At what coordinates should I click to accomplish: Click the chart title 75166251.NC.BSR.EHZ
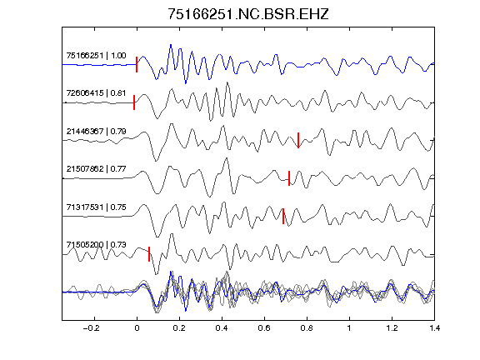pyautogui.click(x=248, y=14)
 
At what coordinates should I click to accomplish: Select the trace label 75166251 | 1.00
pyautogui.click(x=96, y=56)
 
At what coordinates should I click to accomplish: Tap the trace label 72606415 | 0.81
pyautogui.click(x=96, y=93)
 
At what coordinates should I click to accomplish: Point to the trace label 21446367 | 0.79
pyautogui.click(x=96, y=132)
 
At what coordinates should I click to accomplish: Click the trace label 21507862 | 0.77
pyautogui.click(x=96, y=169)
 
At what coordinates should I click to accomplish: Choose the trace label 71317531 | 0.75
pyautogui.click(x=96, y=207)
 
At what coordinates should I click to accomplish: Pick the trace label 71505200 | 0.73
pyautogui.click(x=96, y=245)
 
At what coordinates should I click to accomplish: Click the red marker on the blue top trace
pyautogui.click(x=137, y=65)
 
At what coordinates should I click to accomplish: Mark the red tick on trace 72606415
pyautogui.click(x=134, y=102)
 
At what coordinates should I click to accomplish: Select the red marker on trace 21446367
pyautogui.click(x=298, y=140)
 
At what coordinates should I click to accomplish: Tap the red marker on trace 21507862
pyautogui.click(x=289, y=178)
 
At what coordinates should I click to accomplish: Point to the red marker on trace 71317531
pyautogui.click(x=283, y=216)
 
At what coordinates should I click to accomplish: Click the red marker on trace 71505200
pyautogui.click(x=149, y=254)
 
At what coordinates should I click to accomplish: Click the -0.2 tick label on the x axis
pyautogui.click(x=92, y=328)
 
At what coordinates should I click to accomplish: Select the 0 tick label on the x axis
pyautogui.click(x=137, y=328)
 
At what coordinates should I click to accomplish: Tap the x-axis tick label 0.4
pyautogui.click(x=222, y=328)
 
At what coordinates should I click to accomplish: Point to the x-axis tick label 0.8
pyautogui.click(x=307, y=328)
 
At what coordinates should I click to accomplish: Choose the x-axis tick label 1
pyautogui.click(x=349, y=328)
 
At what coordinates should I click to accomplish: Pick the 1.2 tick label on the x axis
pyautogui.click(x=392, y=328)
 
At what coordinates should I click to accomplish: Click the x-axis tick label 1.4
pyautogui.click(x=434, y=328)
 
